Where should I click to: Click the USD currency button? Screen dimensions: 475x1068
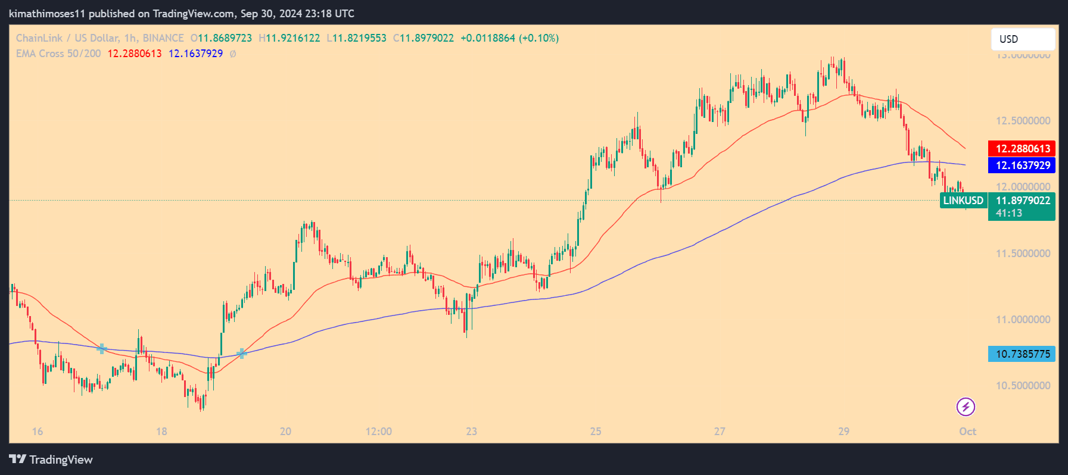[1022, 39]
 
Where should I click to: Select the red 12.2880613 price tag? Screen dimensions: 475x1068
[1022, 149]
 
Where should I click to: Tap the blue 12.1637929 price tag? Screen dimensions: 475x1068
[1022, 165]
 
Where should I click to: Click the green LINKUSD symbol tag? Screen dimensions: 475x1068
[963, 201]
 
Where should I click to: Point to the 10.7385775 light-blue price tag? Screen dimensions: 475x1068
[1022, 354]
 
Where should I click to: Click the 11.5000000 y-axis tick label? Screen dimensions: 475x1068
[1023, 254]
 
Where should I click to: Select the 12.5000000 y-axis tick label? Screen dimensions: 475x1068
[1023, 121]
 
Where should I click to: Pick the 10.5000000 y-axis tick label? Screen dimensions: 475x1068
[1023, 386]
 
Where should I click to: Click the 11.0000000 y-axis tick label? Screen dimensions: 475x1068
[1023, 320]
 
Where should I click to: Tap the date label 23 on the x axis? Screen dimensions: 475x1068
[471, 432]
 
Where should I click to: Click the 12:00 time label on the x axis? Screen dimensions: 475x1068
[378, 432]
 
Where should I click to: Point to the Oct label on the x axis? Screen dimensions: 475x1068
[967, 432]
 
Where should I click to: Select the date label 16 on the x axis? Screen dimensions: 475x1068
[38, 432]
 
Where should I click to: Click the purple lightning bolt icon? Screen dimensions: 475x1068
[966, 407]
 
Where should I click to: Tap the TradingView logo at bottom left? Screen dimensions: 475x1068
[51, 460]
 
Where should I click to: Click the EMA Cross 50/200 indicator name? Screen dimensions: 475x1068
[58, 54]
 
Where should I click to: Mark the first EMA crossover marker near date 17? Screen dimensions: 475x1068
[102, 349]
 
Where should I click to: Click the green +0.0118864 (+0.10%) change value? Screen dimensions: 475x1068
[509, 38]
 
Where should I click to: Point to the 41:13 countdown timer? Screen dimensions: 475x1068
[1009, 213]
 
